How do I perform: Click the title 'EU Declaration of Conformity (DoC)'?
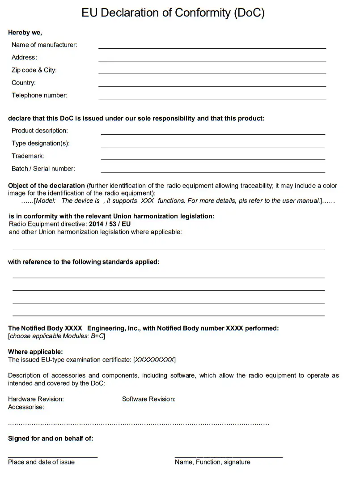point(173,13)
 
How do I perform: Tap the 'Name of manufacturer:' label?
point(44,45)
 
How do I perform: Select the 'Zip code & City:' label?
point(34,70)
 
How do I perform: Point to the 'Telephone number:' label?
point(39,95)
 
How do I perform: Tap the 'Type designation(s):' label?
point(41,143)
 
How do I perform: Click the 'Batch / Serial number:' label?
point(43,169)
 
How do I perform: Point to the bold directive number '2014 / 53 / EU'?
point(110,224)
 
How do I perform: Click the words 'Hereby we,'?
point(25,32)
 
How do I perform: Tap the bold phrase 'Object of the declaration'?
point(47,186)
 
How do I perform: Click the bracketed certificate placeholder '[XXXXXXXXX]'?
point(154,360)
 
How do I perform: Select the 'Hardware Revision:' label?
point(36,399)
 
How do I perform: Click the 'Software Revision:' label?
point(148,399)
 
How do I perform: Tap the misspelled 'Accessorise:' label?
point(26,407)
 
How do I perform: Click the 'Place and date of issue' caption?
point(41,462)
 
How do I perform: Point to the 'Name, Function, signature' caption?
point(212,462)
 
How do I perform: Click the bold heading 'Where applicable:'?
point(35,352)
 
